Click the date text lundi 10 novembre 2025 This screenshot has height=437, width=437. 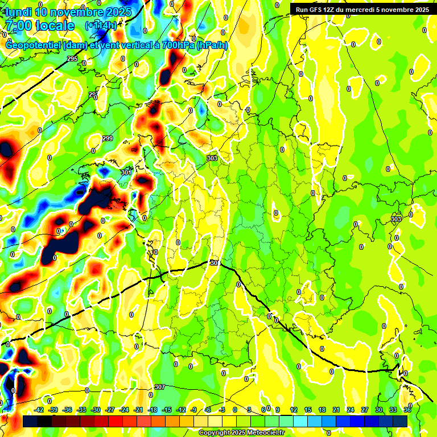[68, 12]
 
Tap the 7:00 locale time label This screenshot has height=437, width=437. [40, 26]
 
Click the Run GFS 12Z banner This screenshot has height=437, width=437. [362, 9]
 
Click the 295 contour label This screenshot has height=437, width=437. [72, 59]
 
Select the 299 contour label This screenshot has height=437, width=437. [108, 139]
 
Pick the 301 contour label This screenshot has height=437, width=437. [126, 172]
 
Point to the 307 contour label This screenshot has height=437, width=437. [159, 387]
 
